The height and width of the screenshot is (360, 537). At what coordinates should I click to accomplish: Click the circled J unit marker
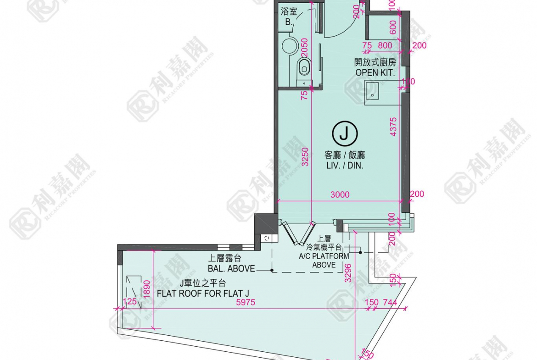click(x=345, y=133)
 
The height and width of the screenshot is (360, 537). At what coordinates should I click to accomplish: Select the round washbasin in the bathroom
click(x=290, y=46)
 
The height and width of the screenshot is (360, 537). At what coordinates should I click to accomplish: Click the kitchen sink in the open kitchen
click(x=372, y=90)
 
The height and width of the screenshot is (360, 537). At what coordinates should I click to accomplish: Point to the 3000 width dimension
click(x=340, y=195)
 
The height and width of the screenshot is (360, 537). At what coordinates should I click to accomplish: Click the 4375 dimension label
click(x=393, y=127)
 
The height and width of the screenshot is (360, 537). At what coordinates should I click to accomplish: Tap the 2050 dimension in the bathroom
click(x=304, y=48)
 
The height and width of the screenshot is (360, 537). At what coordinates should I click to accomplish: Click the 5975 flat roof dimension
click(x=246, y=303)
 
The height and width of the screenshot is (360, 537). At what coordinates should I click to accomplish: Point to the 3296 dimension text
click(x=348, y=272)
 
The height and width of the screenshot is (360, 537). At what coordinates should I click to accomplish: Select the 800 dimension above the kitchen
click(x=385, y=45)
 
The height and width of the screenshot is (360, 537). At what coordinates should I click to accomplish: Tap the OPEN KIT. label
click(x=375, y=72)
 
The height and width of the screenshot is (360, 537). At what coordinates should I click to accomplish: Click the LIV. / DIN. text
click(x=345, y=166)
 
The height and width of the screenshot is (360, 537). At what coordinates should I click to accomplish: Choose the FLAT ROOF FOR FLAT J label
click(x=203, y=294)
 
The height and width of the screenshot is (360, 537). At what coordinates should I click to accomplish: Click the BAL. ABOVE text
click(x=231, y=269)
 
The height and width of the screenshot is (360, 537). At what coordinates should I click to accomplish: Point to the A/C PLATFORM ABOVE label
click(x=324, y=260)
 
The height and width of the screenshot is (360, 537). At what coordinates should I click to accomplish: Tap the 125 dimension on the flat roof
click(x=129, y=301)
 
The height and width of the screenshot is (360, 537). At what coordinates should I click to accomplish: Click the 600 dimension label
click(x=393, y=28)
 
